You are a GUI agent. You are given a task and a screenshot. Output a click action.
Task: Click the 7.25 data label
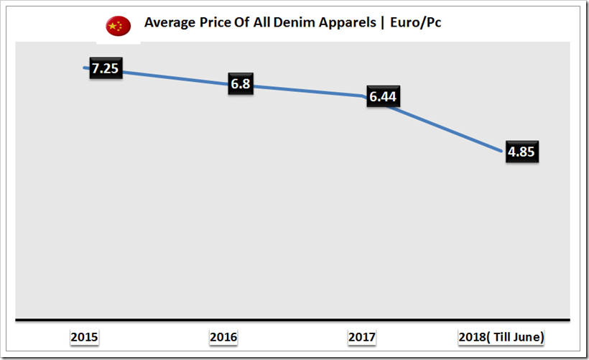(104, 70)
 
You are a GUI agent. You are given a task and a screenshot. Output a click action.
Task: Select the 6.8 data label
(241, 84)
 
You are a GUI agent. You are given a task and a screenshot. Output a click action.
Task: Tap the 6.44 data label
(382, 98)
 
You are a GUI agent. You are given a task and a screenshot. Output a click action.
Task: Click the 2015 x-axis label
(85, 337)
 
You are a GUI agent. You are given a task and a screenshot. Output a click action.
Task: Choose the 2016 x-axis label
(223, 337)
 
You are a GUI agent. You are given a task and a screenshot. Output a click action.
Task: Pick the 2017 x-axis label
(361, 337)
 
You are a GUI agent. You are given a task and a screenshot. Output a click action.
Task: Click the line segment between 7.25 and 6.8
(172, 78)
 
